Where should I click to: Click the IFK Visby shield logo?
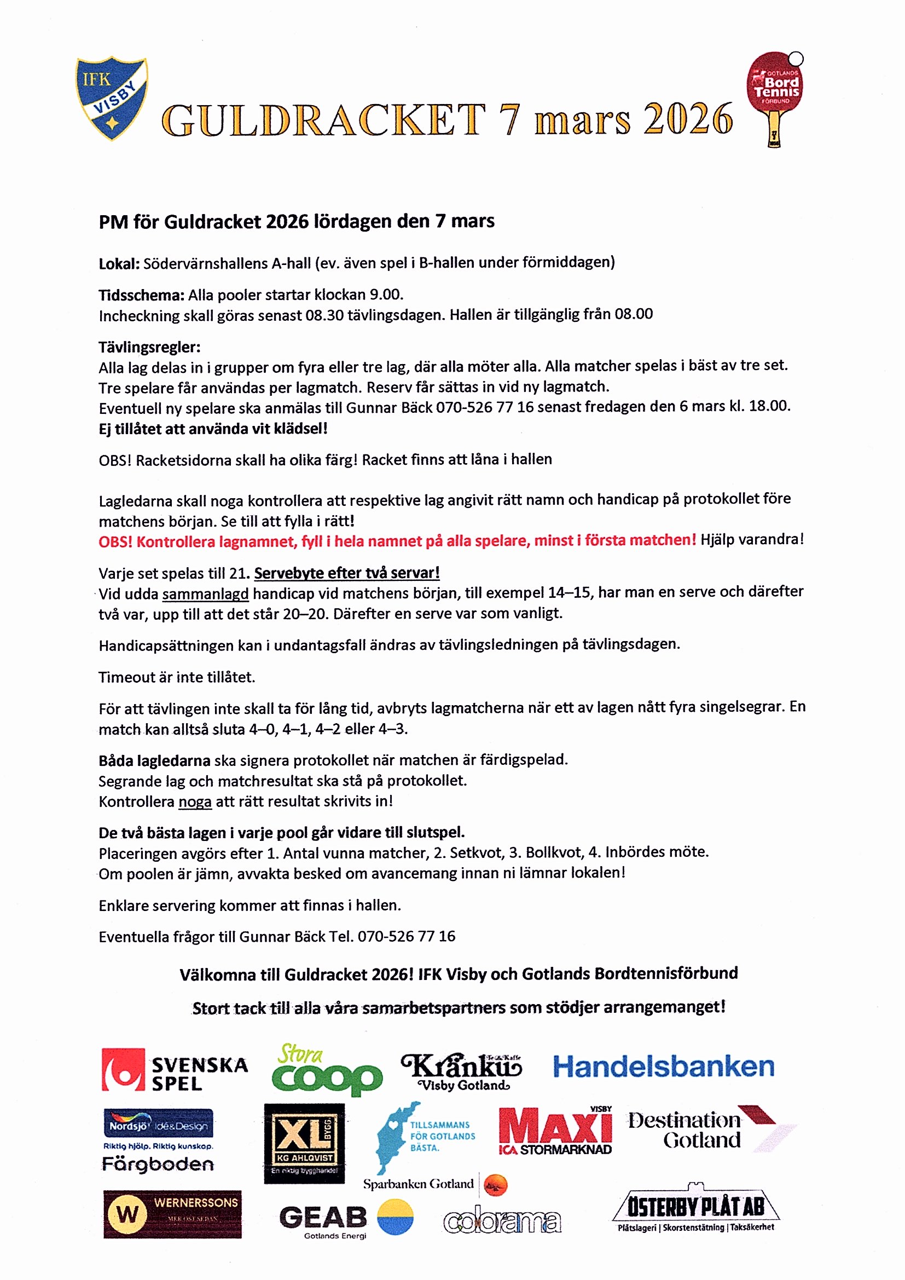click(112, 97)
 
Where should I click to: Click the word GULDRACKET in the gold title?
click(323, 120)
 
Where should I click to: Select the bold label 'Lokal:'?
click(119, 263)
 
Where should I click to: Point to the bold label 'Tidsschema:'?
click(141, 295)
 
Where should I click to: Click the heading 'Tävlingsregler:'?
click(149, 347)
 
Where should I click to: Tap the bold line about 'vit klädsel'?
click(213, 429)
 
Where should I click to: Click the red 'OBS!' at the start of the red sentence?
click(115, 542)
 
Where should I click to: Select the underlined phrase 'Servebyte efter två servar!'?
click(346, 573)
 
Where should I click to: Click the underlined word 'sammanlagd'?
click(205, 595)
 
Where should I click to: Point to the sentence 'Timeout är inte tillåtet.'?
click(177, 677)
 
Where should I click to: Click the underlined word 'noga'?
click(194, 802)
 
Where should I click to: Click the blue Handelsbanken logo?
click(663, 1067)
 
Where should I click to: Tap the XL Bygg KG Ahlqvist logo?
click(304, 1143)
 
